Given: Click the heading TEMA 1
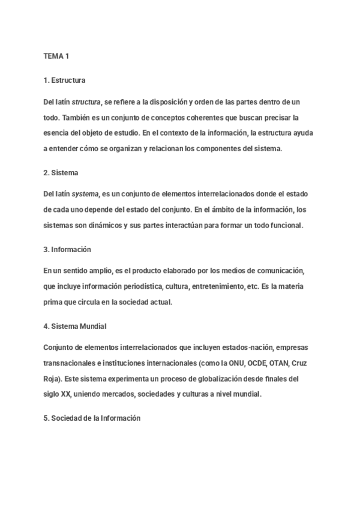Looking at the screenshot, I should [x=57, y=56].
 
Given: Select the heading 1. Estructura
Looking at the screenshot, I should [x=65, y=80].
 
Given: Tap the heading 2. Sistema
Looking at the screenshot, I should [x=62, y=173].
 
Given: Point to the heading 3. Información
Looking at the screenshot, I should [x=67, y=249].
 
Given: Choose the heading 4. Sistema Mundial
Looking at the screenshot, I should [x=75, y=326].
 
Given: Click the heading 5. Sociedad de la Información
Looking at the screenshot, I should [x=92, y=418].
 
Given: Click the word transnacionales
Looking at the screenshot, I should [x=68, y=363].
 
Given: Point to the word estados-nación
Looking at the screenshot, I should [x=244, y=348].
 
